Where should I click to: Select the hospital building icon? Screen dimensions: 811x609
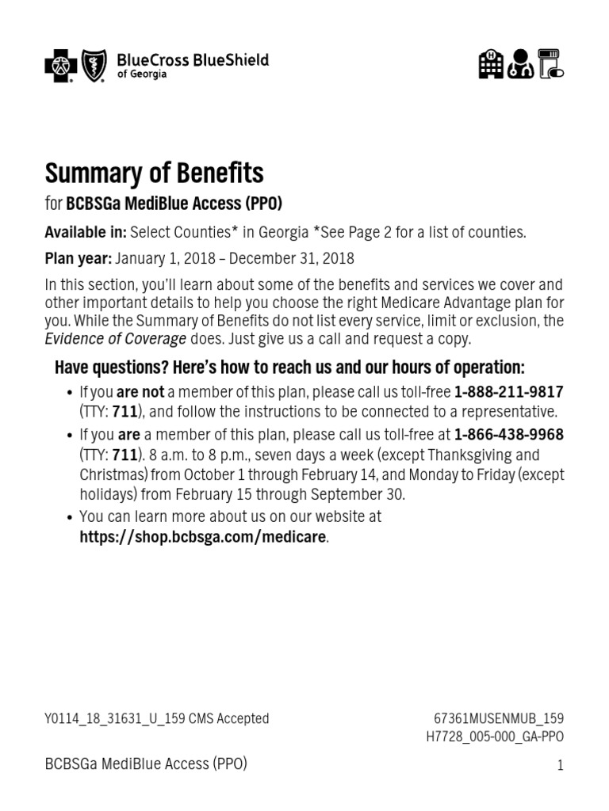pos(491,64)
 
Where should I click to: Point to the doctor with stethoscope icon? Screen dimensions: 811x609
pos(520,64)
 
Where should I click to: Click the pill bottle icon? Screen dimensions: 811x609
pos(550,64)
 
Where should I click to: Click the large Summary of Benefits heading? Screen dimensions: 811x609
pos(154,173)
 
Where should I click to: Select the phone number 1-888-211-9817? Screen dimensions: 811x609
pos(508,392)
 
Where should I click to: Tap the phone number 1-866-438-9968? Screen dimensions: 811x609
pos(509,435)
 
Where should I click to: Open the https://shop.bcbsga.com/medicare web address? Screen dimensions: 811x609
pos(202,536)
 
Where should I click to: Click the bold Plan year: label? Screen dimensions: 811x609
pos(79,259)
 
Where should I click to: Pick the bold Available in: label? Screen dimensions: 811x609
pos(86,232)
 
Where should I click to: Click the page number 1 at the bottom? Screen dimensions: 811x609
pos(560,765)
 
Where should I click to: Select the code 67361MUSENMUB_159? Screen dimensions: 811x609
pos(499,718)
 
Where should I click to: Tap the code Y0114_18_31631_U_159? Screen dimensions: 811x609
pos(115,718)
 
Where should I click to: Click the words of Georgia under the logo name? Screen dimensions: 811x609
pos(142,74)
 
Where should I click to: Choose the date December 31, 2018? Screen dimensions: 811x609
pos(294,259)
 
